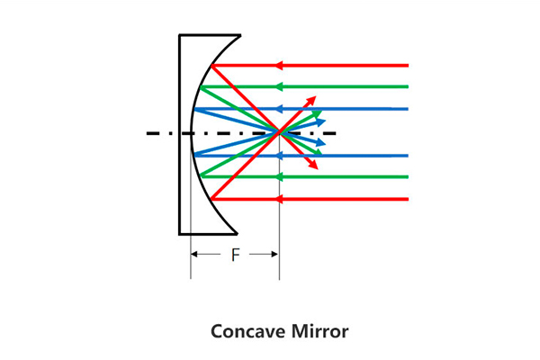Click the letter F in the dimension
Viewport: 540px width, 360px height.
point(235,255)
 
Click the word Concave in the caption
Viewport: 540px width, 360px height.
point(248,331)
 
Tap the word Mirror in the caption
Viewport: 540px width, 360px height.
point(319,331)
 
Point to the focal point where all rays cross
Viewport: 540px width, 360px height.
point(279,132)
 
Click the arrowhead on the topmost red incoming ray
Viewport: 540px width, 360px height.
point(279,65)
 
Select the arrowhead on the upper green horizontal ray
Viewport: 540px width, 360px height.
point(279,86)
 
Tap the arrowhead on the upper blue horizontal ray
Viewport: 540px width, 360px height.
point(279,109)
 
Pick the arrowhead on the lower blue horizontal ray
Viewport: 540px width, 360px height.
point(279,156)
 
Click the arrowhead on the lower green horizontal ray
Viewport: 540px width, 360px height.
point(279,177)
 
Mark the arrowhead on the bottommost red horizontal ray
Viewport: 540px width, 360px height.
point(279,199)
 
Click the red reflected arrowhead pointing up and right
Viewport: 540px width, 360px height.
point(311,101)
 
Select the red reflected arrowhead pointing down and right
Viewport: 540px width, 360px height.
point(313,165)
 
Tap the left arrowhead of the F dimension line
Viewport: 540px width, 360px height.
point(193,254)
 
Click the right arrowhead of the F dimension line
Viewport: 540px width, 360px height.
point(274,254)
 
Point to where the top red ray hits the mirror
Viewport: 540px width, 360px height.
point(211,66)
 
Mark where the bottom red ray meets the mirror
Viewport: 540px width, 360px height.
point(211,199)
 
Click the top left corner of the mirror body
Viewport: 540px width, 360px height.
point(179,35)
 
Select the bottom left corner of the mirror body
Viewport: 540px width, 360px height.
point(179,234)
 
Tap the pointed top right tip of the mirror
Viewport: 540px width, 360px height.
point(240,35)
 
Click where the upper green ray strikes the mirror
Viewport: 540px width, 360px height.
point(201,86)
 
